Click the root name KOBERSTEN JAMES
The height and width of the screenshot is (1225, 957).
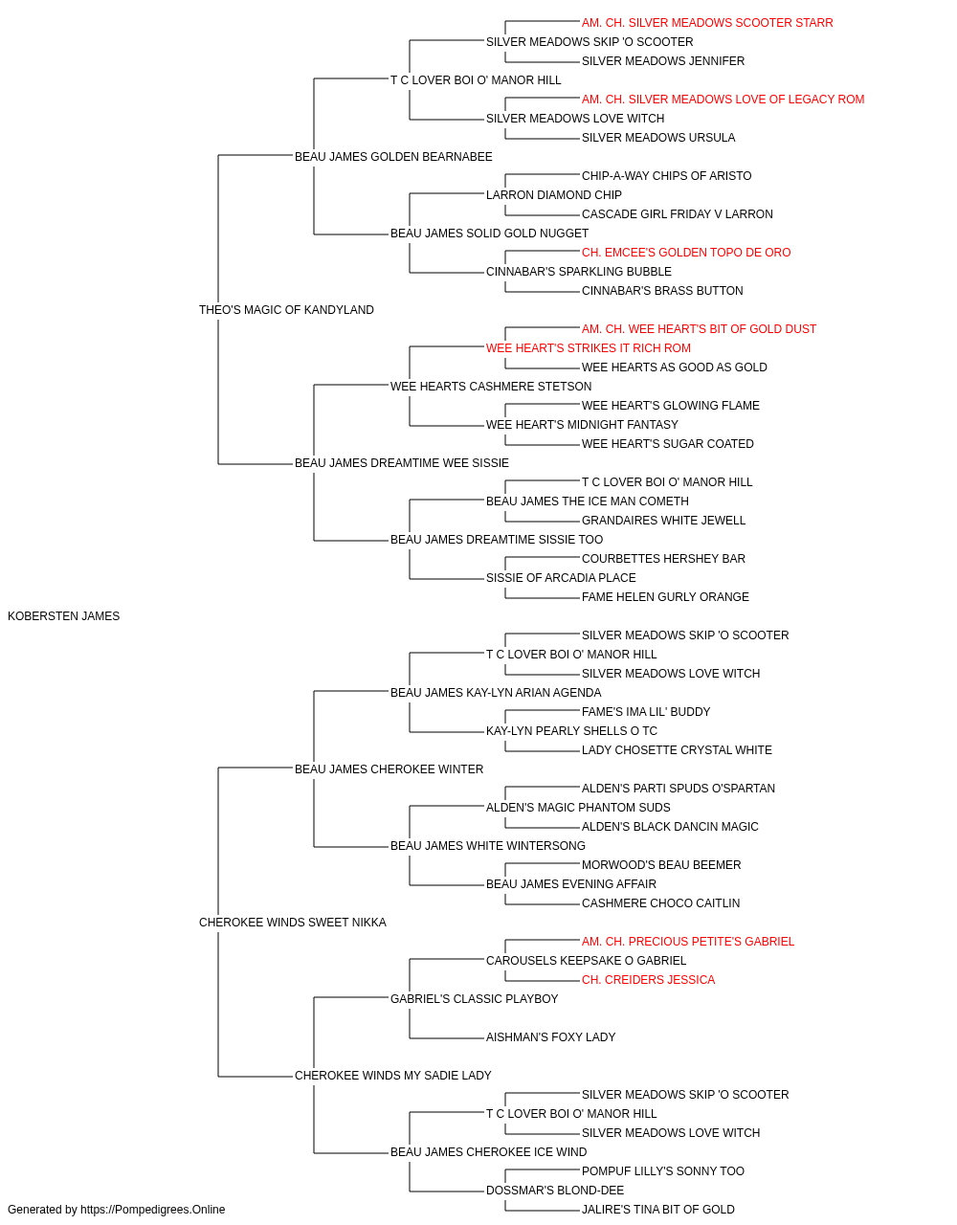pyautogui.click(x=64, y=616)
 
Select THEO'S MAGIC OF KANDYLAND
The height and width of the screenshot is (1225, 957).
pyautogui.click(x=286, y=310)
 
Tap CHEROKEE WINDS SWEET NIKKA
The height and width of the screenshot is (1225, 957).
pyautogui.click(x=293, y=923)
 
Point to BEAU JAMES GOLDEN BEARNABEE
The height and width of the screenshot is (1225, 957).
pyautogui.click(x=393, y=157)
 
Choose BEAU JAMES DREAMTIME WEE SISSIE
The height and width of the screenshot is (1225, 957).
pyautogui.click(x=402, y=463)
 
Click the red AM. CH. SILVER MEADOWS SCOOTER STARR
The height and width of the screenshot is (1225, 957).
pyautogui.click(x=707, y=23)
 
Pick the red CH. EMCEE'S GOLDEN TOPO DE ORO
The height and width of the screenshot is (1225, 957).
pyautogui.click(x=686, y=253)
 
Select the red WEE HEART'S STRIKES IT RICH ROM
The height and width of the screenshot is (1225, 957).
pyautogui.click(x=589, y=347)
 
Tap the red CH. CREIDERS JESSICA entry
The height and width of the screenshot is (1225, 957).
pyautogui.click(x=648, y=980)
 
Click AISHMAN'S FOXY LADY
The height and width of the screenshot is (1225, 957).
pyautogui.click(x=550, y=1037)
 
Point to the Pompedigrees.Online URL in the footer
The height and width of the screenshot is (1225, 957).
pyautogui.click(x=152, y=1210)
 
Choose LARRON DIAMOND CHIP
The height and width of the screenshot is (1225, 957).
pyautogui.click(x=554, y=195)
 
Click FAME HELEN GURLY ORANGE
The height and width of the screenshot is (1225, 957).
pyautogui.click(x=665, y=597)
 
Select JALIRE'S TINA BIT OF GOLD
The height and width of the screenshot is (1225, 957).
pyautogui.click(x=658, y=1210)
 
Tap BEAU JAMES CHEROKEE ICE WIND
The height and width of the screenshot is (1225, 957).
pyautogui.click(x=489, y=1151)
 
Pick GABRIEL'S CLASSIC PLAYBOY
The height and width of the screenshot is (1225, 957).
pyautogui.click(x=474, y=999)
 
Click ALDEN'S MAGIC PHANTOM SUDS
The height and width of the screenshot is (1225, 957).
pyautogui.click(x=578, y=808)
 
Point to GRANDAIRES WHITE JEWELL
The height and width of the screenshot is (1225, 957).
pyautogui.click(x=663, y=521)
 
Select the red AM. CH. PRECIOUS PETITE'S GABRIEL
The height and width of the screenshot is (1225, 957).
pyautogui.click(x=687, y=942)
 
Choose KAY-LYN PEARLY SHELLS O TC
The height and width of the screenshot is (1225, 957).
pyautogui.click(x=571, y=731)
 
